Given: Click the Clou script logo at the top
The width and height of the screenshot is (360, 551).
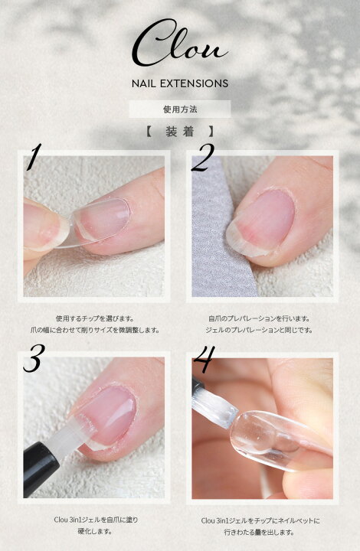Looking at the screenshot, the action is coord(180,44).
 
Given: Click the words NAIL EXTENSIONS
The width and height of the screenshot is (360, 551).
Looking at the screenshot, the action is coord(180,83).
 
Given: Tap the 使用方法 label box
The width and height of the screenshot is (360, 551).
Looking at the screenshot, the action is coord(180,109).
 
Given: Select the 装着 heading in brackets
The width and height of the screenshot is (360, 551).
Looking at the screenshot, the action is coord(180,132).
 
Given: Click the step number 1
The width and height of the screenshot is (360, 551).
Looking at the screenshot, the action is coord(34,157).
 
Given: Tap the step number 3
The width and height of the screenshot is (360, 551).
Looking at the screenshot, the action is coord(34,357).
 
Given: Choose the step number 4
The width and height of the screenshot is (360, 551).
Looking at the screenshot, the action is coord(205,358).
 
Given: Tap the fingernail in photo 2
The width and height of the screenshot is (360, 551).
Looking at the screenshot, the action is coord(261,221).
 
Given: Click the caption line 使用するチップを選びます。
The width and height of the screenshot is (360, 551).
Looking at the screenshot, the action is coord(95,318).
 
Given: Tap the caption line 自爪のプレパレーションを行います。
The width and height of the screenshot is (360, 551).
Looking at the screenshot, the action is coord(259,318).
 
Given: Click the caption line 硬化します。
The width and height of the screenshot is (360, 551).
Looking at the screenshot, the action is coord(95,531).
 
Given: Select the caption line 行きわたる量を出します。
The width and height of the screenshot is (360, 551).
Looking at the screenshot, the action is coord(260,533).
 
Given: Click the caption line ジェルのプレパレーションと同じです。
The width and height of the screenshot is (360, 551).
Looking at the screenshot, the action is coord(259,330).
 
